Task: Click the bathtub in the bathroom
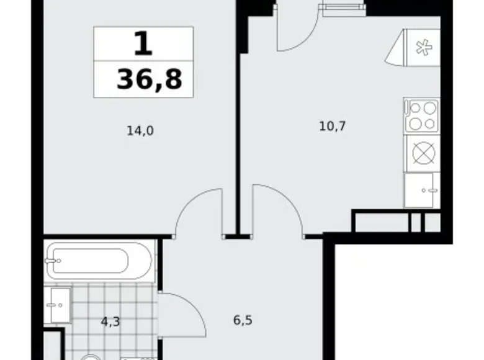[99, 259]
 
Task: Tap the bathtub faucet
[57, 259]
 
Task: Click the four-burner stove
[421, 117]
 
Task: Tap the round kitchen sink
[422, 153]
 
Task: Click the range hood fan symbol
[422, 48]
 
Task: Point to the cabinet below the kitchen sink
[422, 190]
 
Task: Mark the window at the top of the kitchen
[341, 7]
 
